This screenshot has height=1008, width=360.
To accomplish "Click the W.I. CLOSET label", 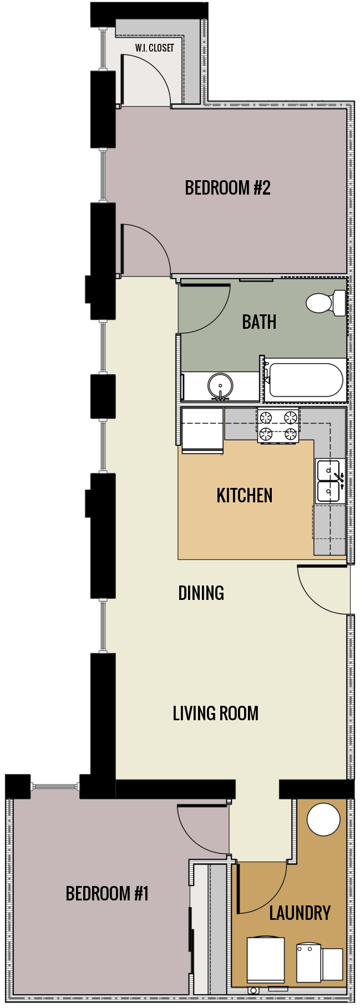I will (154, 48).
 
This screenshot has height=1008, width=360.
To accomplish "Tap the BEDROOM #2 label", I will (227, 188).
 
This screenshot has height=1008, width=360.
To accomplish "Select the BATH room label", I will (259, 322).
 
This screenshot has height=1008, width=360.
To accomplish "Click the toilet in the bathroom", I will (324, 303).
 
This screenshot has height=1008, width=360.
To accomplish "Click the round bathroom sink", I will (220, 385).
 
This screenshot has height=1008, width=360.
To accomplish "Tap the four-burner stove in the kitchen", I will (278, 425).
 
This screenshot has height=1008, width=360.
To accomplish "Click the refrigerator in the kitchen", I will (202, 430).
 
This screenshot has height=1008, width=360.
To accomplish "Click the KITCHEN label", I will (244, 495).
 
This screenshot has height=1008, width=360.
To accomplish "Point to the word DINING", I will (201, 593).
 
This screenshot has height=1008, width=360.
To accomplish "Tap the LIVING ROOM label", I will (215, 713).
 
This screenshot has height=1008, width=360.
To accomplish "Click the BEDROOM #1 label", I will (107, 893).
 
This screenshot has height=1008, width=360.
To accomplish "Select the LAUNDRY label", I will (300, 913).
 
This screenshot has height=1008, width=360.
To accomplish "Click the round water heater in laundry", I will (323, 819).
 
